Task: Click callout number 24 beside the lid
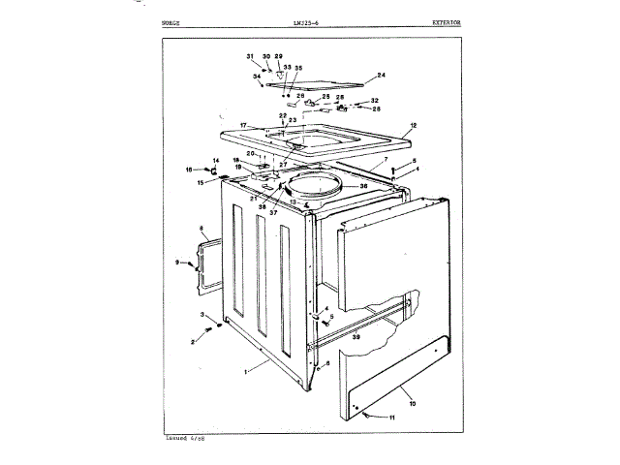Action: point(381,76)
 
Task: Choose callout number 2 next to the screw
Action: point(193,342)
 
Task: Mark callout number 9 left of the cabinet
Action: point(178,263)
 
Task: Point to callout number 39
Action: point(356,337)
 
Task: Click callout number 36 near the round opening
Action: point(364,187)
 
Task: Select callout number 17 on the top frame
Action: point(245,126)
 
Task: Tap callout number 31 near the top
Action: point(249,57)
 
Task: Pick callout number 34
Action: point(256,77)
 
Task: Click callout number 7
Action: point(386,158)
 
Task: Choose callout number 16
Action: point(203,170)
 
